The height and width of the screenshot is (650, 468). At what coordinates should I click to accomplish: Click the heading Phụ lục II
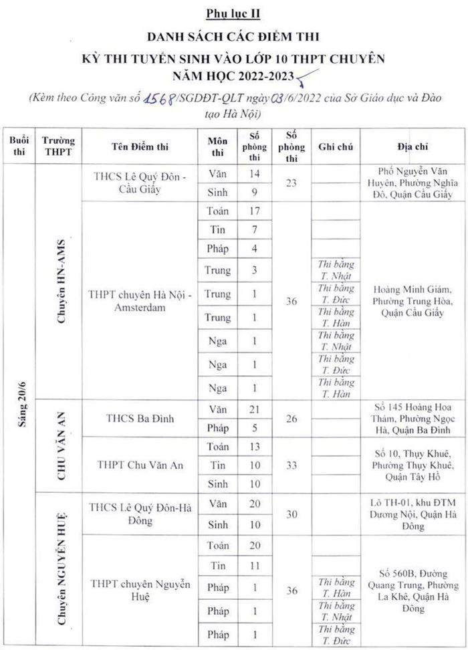pyautogui.click(x=233, y=14)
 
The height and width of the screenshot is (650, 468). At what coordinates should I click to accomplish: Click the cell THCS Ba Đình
pyautogui.click(x=140, y=418)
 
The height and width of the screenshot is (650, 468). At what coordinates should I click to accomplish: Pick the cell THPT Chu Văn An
pyautogui.click(x=140, y=465)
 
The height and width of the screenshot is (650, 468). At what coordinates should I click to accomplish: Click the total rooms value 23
pyautogui.click(x=291, y=183)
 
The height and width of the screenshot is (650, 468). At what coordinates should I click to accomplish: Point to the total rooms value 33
pyautogui.click(x=291, y=465)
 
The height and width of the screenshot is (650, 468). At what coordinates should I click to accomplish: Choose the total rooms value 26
pyautogui.click(x=291, y=418)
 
